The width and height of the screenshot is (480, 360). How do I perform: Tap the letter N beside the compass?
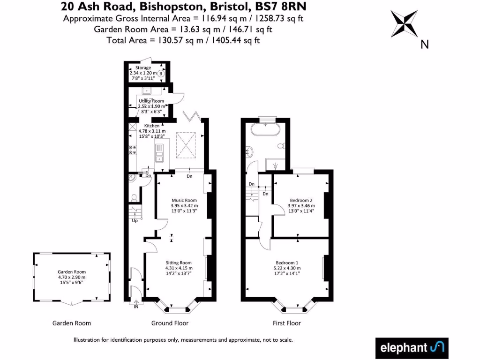point(425,45)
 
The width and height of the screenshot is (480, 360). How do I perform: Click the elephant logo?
point(412,348)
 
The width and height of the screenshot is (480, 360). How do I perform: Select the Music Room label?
point(184,200)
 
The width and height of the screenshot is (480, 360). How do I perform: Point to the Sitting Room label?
point(179,262)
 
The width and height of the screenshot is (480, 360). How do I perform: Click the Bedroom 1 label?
point(287,262)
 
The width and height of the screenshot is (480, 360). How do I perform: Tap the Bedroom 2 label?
point(301,200)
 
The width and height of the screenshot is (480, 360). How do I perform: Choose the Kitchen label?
point(152,126)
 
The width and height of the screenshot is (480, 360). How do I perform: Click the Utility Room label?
point(151,101)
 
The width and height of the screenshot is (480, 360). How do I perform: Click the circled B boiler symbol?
point(161,74)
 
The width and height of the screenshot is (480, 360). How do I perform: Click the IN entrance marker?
point(136,307)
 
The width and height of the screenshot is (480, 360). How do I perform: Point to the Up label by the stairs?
point(135,220)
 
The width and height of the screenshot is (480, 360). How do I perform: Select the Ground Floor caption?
point(170,323)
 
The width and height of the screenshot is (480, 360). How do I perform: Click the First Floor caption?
point(287,323)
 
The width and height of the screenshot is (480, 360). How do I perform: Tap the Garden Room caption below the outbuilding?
point(72,323)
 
